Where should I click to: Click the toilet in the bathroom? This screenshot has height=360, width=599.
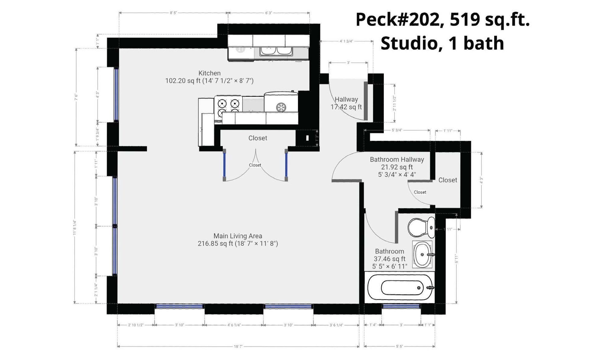[421, 227]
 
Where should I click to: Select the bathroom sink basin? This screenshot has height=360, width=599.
[422, 255]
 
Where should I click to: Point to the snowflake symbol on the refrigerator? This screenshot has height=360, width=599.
[281, 107]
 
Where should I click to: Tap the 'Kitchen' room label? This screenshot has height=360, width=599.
[209, 73]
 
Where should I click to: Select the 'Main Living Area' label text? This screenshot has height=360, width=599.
[238, 236]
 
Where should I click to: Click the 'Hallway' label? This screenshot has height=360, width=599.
[346, 99]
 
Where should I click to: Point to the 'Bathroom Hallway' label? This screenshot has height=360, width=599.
[397, 160]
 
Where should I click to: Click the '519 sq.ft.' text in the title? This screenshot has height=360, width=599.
[489, 20]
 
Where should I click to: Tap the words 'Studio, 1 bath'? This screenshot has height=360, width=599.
[442, 43]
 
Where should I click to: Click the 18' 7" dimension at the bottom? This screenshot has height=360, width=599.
[238, 346]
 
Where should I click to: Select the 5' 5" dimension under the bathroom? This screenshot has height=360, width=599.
[399, 346]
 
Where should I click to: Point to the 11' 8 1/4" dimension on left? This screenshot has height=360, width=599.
[75, 227]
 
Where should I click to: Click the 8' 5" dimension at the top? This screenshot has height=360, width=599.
[173, 13]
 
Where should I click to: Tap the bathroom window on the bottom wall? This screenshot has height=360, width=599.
[401, 307]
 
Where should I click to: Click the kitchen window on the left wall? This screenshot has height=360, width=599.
[116, 94]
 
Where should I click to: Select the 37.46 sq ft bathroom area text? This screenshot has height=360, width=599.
[389, 259]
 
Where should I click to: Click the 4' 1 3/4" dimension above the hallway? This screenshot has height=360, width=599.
[346, 41]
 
